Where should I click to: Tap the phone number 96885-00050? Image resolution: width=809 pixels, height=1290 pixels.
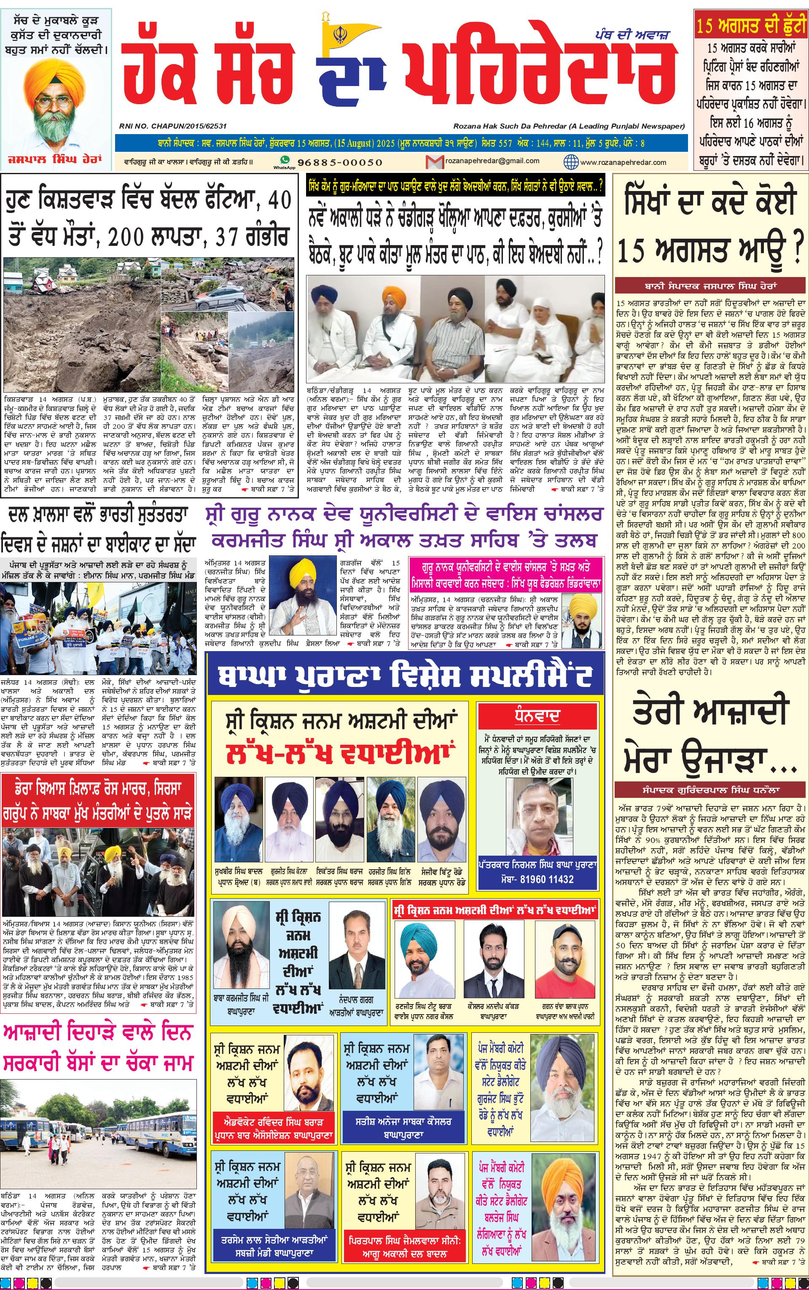340,162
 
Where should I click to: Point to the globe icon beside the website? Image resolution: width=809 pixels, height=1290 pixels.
571,162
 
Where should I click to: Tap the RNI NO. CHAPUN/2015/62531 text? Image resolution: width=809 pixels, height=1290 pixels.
174,126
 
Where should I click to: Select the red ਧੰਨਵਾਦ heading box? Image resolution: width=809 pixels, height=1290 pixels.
537,716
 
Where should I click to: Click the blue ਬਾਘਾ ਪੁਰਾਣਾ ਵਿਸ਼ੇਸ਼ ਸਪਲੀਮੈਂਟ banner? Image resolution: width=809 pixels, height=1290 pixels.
405,676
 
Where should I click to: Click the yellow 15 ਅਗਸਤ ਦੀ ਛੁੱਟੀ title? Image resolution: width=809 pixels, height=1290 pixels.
751,25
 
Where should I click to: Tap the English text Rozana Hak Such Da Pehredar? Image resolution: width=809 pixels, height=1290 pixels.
569,126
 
